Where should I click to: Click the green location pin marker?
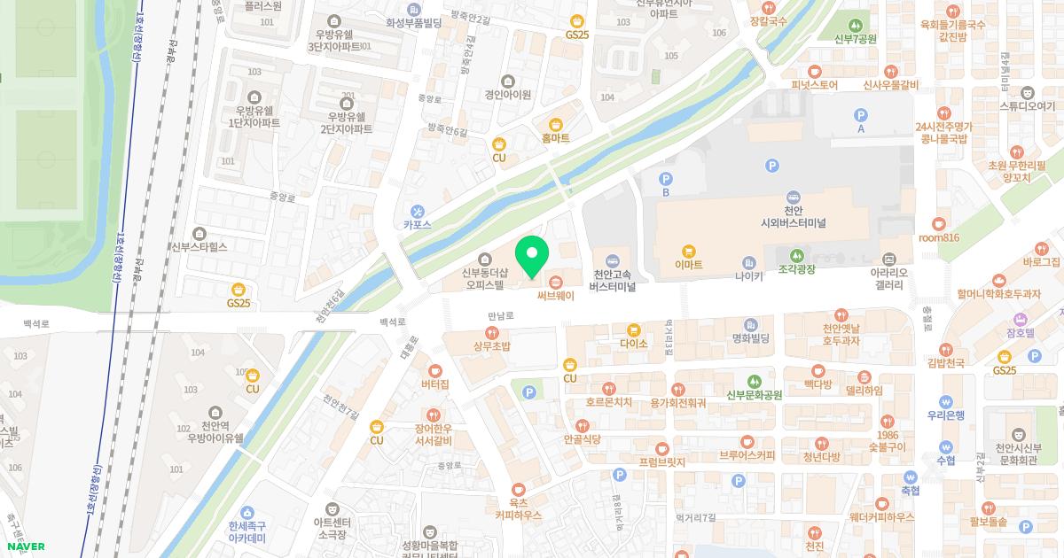[x=532, y=256]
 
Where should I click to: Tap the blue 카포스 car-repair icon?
[x=417, y=217]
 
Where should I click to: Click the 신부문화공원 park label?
[x=754, y=395]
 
